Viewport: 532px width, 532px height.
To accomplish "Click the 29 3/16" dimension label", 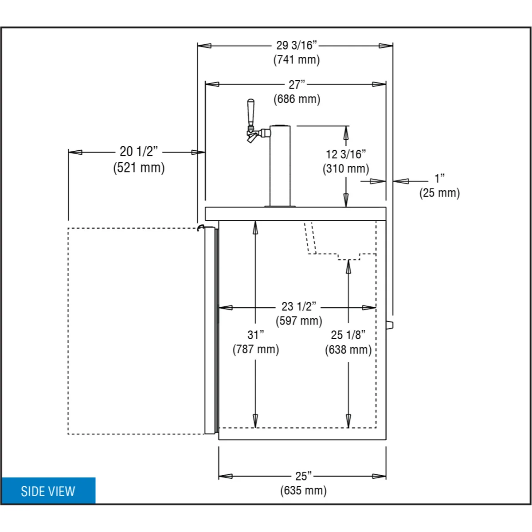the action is click(297, 45).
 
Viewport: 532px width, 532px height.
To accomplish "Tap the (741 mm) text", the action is click(297, 60).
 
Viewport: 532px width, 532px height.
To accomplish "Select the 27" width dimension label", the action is click(297, 85).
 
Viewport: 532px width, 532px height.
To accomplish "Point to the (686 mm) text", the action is click(297, 99).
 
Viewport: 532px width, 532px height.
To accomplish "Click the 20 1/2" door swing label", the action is click(139, 151).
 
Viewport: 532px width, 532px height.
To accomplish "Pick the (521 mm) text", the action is click(139, 168).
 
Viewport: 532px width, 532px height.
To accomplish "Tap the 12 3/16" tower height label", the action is click(346, 154).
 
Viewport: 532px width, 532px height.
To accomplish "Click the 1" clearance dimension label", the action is click(439, 178).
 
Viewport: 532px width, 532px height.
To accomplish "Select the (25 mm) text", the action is click(439, 193).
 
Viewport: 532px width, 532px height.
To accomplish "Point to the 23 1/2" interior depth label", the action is click(299, 306).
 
